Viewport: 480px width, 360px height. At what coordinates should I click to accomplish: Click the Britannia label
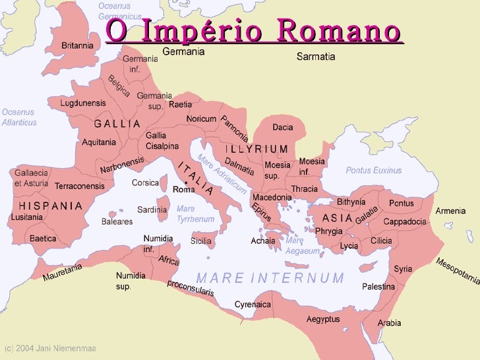(77, 45)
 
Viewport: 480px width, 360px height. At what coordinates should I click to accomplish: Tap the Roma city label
(184, 189)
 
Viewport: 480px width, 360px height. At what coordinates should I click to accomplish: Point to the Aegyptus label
(323, 319)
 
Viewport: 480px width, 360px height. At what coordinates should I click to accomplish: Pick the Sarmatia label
(316, 57)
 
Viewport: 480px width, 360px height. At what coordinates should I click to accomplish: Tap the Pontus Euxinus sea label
(374, 170)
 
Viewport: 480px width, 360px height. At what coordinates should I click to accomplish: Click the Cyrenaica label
(253, 305)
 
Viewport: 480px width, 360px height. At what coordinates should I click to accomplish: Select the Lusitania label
(27, 216)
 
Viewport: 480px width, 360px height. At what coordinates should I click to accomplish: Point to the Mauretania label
(63, 272)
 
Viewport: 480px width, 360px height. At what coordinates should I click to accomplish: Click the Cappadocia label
(404, 222)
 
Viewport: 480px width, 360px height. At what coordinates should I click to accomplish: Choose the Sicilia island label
(201, 241)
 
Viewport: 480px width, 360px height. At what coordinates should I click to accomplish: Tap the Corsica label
(146, 183)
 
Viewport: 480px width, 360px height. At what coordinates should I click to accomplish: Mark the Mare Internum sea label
(270, 278)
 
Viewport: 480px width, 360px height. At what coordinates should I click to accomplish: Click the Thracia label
(305, 189)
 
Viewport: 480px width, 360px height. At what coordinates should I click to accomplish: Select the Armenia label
(451, 211)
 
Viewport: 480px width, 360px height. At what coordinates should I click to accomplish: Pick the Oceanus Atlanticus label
(19, 117)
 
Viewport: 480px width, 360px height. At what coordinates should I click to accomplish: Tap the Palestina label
(378, 287)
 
